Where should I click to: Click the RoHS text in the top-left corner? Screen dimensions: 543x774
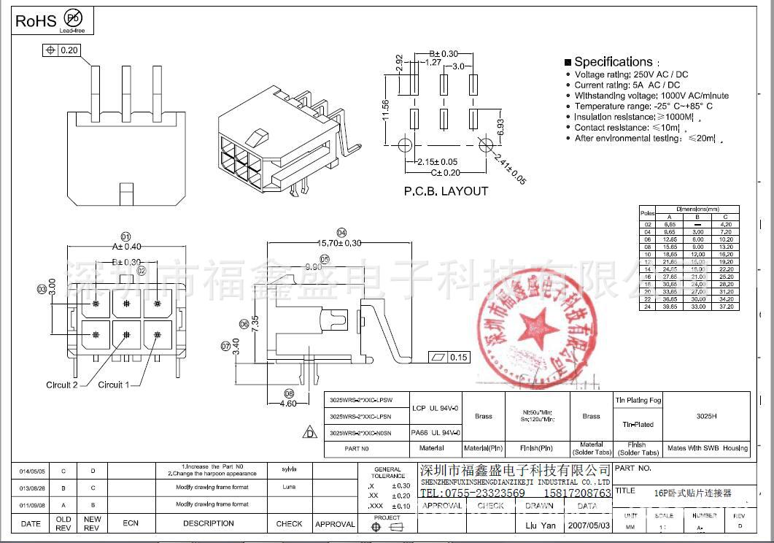36,20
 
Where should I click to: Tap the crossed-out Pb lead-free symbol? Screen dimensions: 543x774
73,18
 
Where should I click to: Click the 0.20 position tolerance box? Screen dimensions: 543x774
61,50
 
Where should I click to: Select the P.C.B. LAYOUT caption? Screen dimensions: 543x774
446,191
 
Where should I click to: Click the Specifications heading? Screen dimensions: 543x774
613,62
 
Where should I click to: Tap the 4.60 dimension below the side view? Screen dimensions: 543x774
288,403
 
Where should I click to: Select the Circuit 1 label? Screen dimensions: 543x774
114,385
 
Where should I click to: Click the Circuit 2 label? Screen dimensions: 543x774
62,385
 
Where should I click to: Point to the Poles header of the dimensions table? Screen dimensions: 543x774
647,212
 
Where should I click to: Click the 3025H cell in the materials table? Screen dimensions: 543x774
706,416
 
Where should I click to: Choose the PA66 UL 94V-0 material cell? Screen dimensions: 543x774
436,433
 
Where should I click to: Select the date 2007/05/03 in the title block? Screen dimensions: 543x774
587,525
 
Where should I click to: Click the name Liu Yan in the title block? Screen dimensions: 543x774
540,525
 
